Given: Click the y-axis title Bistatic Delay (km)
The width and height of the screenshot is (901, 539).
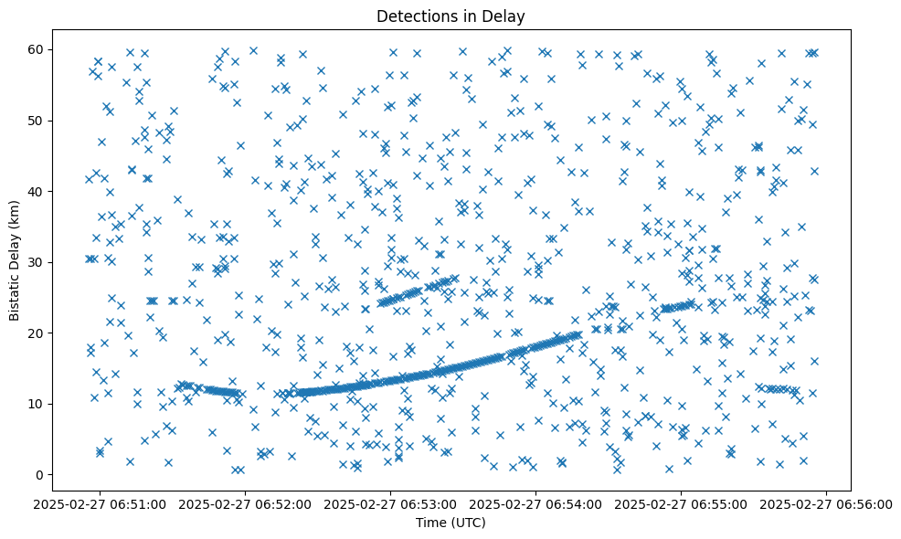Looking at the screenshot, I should pos(16,248).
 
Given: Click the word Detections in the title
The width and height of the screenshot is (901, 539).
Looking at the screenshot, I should pos(423,16).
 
